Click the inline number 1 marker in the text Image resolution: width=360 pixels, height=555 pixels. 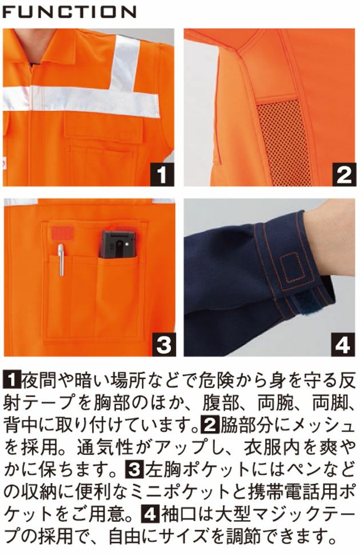click(11, 380)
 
